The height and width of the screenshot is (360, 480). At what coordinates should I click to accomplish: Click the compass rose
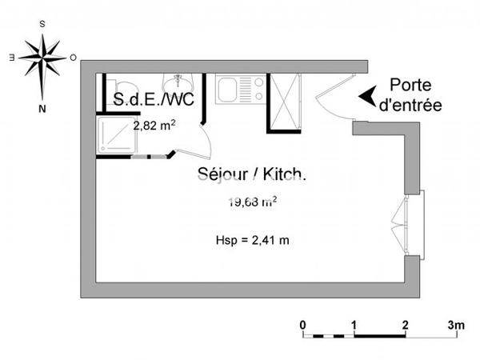point(42,58)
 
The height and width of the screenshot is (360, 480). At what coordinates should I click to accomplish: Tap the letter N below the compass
point(42,105)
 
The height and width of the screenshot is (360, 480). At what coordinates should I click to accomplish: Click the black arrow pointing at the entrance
point(367,95)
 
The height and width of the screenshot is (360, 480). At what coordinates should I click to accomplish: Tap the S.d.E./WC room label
point(154,101)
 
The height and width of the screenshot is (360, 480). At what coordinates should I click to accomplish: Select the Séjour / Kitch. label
point(251,174)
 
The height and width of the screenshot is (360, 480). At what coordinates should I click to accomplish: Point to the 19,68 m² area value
point(251,202)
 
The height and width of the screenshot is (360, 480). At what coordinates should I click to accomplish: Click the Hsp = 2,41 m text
point(251,239)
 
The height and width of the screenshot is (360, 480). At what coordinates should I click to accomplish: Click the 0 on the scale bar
point(302,324)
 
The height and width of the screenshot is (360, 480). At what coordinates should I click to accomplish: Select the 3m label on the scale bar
point(455,324)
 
